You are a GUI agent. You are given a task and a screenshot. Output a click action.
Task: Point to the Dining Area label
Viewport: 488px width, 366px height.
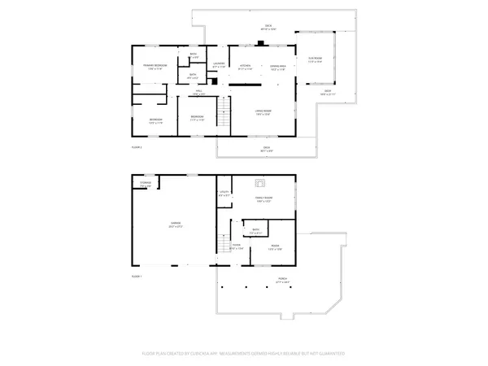point(277,68)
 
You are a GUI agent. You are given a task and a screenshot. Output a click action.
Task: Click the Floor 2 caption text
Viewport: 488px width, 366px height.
point(137,147)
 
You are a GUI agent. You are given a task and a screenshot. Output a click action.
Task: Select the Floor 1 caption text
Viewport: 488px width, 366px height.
point(137,277)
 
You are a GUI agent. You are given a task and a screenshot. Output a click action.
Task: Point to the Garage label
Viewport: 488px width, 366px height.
point(175,223)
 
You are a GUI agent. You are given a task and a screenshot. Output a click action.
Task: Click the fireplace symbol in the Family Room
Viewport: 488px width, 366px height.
point(260,183)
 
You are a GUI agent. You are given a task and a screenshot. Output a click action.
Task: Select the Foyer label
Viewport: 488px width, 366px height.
point(236,247)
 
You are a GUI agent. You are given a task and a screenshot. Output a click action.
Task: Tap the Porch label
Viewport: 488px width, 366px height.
point(282,281)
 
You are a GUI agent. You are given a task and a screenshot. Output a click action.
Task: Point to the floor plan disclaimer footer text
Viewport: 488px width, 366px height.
point(243,354)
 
